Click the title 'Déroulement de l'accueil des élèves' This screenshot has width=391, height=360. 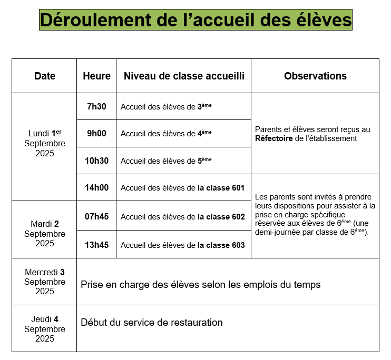click(x=195, y=20)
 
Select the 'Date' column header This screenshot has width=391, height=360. click(x=45, y=76)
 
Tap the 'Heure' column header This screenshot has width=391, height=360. click(x=96, y=76)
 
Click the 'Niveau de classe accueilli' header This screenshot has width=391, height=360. click(x=184, y=76)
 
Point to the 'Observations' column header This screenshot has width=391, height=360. click(x=315, y=76)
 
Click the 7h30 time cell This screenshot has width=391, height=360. click(x=96, y=106)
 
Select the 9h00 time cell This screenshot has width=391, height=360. click(x=96, y=133)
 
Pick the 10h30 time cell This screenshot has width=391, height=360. click(x=96, y=161)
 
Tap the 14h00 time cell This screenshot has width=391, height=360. click(x=96, y=187)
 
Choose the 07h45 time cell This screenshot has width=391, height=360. click(x=96, y=216)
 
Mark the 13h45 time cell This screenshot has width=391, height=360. click(x=96, y=245)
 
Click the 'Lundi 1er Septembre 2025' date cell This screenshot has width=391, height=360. click(x=45, y=143)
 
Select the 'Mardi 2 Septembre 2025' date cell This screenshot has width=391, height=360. click(x=45, y=234)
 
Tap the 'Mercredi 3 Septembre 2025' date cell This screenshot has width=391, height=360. click(x=45, y=282)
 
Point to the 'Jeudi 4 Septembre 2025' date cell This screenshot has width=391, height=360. click(x=45, y=329)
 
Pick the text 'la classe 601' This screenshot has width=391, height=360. click(x=221, y=188)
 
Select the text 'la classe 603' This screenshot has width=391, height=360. click(x=221, y=245)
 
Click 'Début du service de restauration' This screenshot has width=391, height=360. click(x=152, y=322)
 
